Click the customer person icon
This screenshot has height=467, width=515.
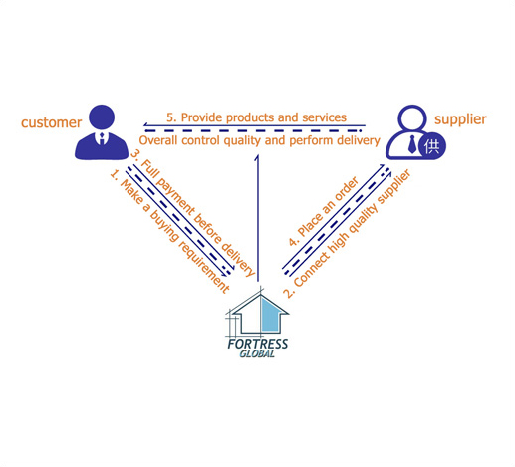[x=102, y=132]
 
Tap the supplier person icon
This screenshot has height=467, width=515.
[x=415, y=132]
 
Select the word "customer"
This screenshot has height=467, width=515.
[x=51, y=122]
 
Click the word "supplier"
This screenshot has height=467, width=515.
[x=460, y=119]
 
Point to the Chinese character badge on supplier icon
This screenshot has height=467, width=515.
[x=432, y=146]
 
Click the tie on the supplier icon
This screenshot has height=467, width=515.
[x=412, y=144]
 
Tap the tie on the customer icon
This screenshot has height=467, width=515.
[x=102, y=138]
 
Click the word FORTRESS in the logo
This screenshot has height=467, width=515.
[x=258, y=344]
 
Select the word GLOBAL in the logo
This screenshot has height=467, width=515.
[x=257, y=354]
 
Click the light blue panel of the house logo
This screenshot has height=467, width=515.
[x=270, y=315]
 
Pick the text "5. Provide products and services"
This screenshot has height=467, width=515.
[x=256, y=117]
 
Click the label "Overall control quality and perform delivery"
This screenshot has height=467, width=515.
[x=259, y=140]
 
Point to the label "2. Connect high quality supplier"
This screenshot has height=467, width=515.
[x=348, y=234]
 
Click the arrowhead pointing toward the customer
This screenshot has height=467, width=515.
[x=146, y=125]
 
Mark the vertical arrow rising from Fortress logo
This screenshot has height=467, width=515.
[x=257, y=218]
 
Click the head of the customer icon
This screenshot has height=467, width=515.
[x=102, y=117]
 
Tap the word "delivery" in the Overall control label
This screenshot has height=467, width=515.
[x=359, y=140]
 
